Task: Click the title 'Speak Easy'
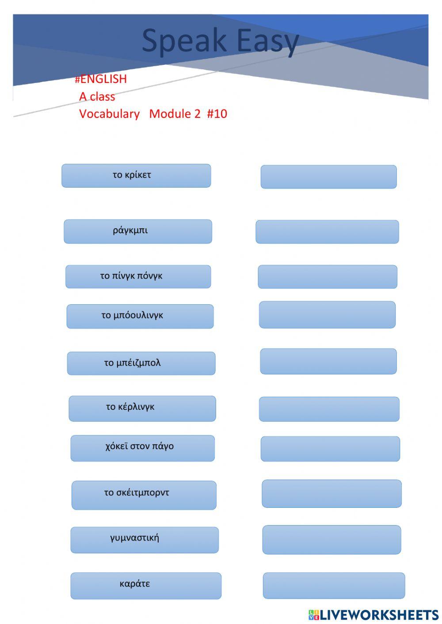coord(220,41)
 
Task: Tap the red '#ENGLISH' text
coord(101,79)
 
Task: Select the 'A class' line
coord(97,96)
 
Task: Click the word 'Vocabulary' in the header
coord(109,113)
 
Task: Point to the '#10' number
coord(217,113)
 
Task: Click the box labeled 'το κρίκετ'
coord(136,176)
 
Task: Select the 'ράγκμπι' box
coord(137,231)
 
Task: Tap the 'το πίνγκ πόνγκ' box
coord(138,276)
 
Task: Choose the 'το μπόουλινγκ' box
coord(140,316)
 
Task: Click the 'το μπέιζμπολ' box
coord(141,363)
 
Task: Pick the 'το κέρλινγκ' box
coord(142,408)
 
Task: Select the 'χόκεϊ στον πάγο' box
coord(142,448)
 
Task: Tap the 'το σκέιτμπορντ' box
coord(144,495)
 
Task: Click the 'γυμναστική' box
coord(144,540)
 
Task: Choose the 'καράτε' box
coord(145,586)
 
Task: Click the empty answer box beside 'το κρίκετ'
coord(328,177)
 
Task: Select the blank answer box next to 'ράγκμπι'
coord(327,232)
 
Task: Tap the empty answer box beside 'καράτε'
coord(334,586)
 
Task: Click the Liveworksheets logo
coord(373,615)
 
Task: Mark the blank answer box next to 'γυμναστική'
coord(331,540)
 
